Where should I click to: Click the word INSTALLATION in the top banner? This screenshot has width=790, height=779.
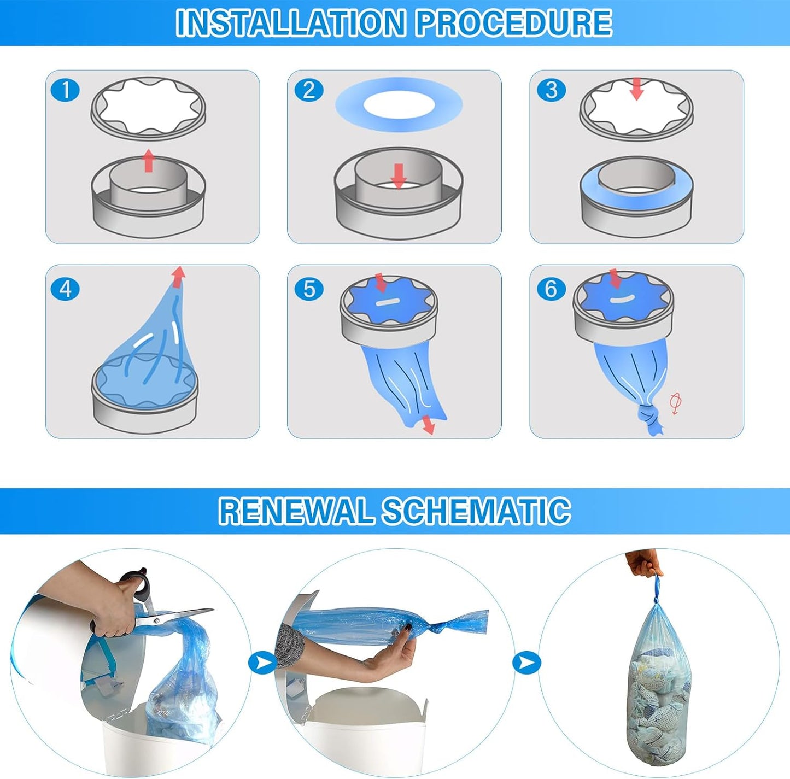[x=290, y=23]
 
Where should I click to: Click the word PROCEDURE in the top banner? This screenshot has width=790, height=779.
[x=514, y=23]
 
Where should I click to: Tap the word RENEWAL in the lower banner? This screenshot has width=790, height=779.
[x=296, y=511]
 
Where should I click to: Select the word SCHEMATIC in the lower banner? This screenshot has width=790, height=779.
[x=476, y=511]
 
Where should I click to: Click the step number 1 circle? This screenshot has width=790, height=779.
[x=66, y=90]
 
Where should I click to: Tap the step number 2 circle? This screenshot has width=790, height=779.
[x=309, y=90]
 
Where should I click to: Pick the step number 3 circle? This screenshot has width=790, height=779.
[x=551, y=90]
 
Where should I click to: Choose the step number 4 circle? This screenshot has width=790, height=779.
[x=66, y=290]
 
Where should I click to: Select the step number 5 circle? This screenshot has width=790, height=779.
[x=309, y=290]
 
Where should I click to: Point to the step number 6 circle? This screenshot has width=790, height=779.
[x=551, y=290]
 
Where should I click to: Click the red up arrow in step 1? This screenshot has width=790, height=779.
[x=149, y=161]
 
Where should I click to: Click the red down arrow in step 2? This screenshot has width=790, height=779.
[x=398, y=176]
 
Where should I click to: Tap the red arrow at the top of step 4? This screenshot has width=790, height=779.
[x=178, y=277]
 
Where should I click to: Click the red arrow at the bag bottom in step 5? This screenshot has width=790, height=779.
[x=428, y=424]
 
